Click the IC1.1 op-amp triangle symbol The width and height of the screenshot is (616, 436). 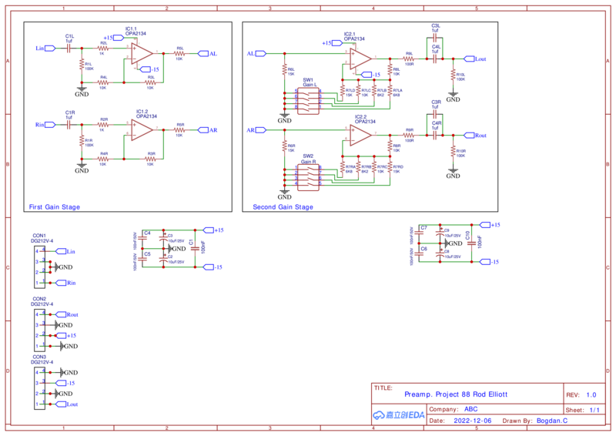[140, 53]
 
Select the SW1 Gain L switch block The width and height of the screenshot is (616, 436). [309, 100]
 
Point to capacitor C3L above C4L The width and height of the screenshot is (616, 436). [436, 35]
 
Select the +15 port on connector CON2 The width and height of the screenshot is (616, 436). [68, 336]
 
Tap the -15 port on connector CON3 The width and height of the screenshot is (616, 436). [66, 383]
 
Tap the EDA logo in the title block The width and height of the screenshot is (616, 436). [399, 415]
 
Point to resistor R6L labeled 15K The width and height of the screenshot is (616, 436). [285, 71]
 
